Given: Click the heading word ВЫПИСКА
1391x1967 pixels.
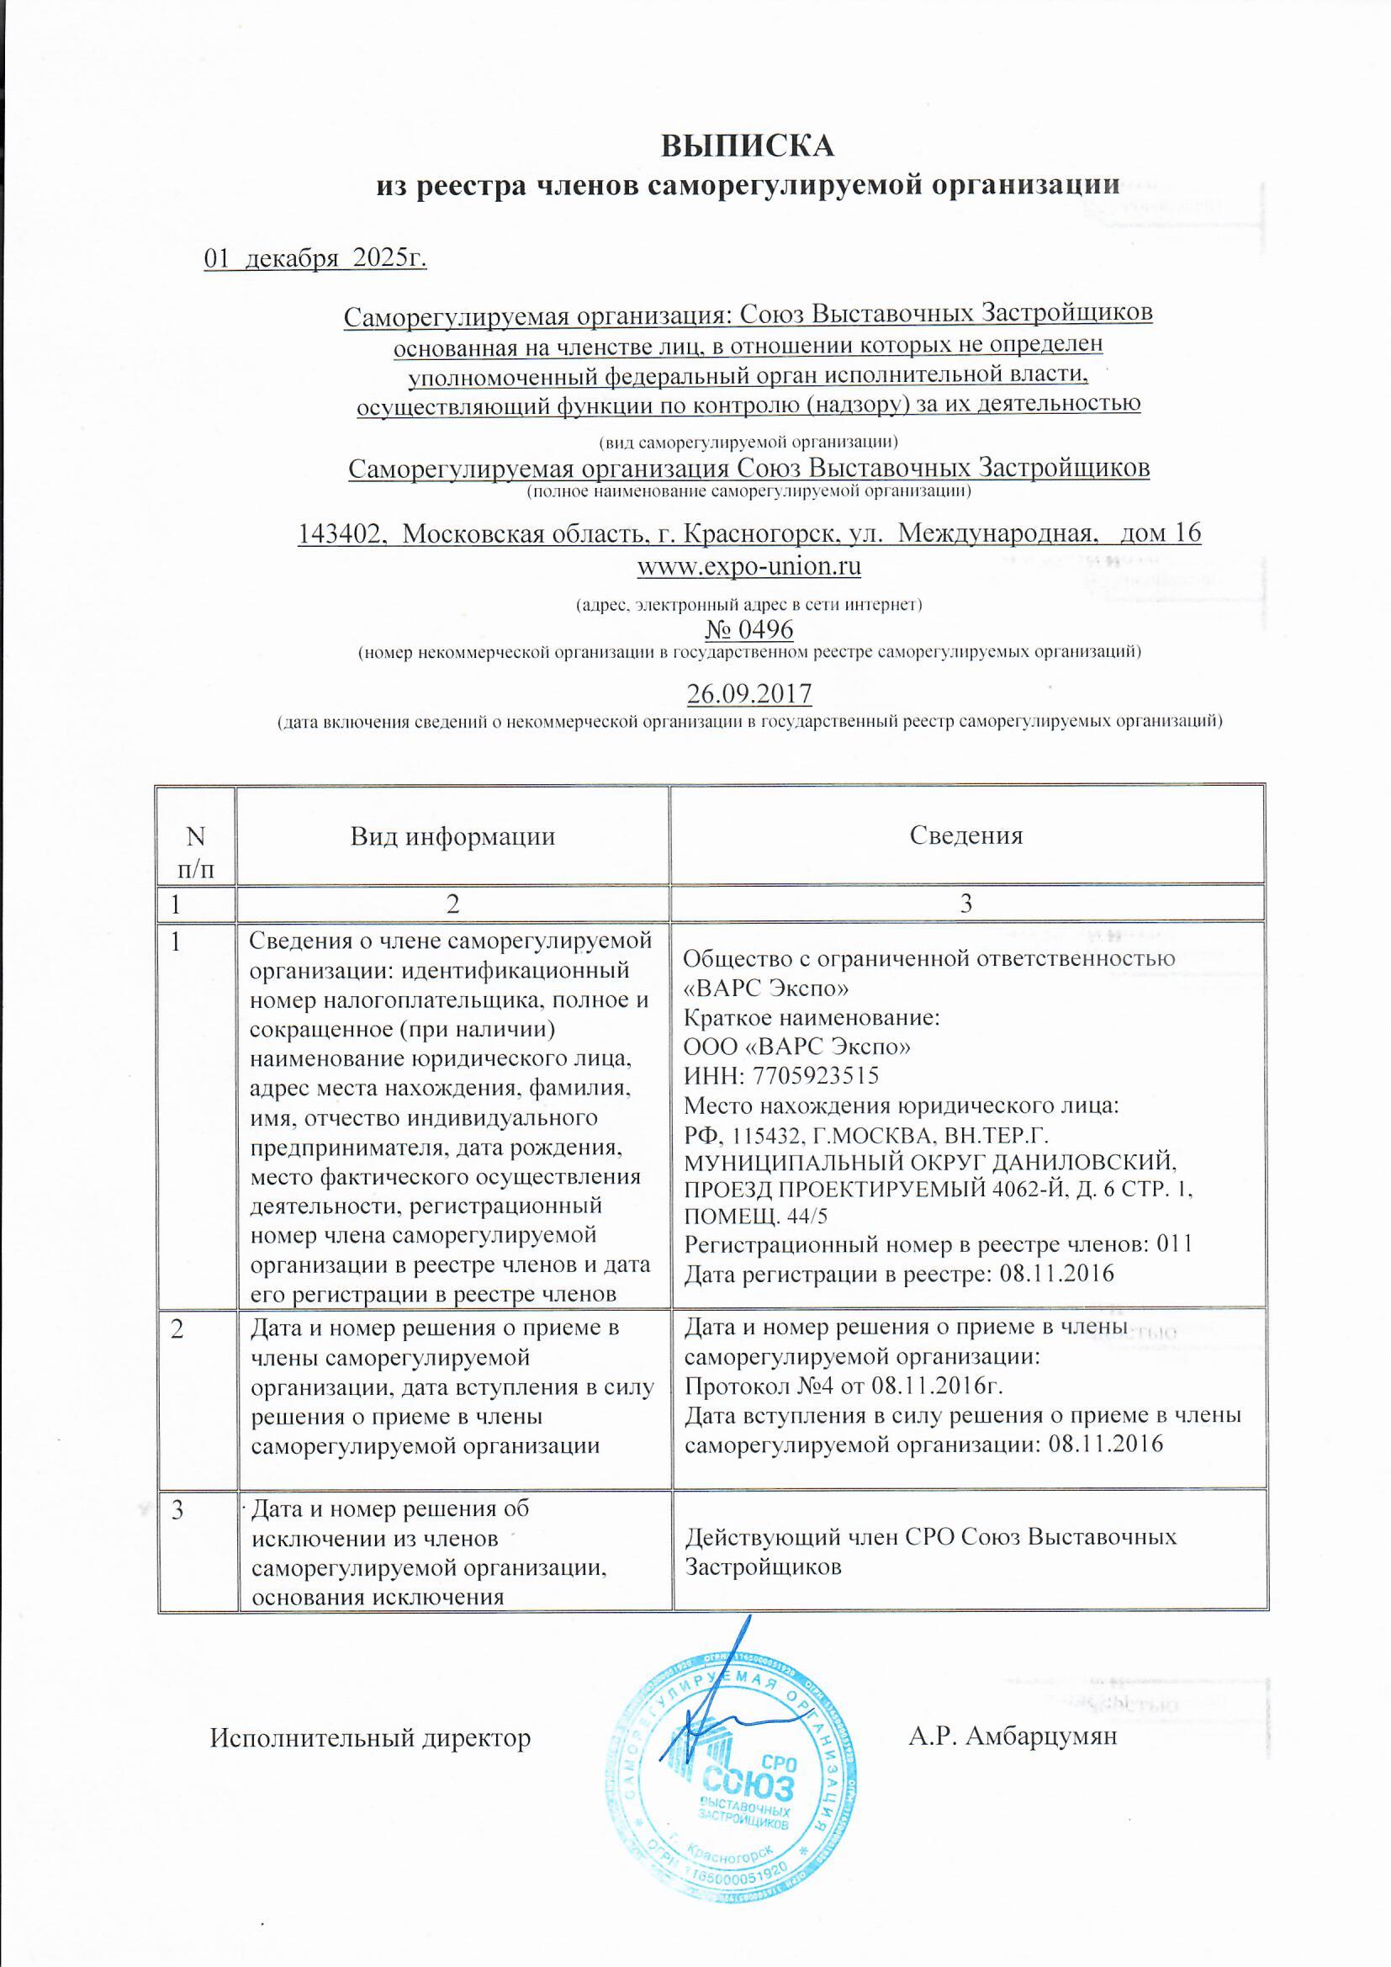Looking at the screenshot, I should pos(748,146).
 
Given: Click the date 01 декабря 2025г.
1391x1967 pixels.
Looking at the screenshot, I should pos(315,258).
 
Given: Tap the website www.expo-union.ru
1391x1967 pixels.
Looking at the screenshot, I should pos(748,566).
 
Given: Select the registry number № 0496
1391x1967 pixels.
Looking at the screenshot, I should pos(748,629).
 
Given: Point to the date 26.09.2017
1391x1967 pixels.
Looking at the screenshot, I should pos(748,692).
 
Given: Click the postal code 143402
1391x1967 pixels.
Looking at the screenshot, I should pos(339,533).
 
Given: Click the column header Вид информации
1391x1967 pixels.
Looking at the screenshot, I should pos(452,836).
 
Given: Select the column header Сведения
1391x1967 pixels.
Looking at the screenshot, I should pos(966,835).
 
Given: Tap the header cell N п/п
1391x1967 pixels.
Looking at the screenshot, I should pos(196,851).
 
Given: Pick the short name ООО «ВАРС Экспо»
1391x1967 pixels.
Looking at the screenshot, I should pos(796,1046).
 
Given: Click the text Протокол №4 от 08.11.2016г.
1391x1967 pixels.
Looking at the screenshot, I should pos(843,1386).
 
